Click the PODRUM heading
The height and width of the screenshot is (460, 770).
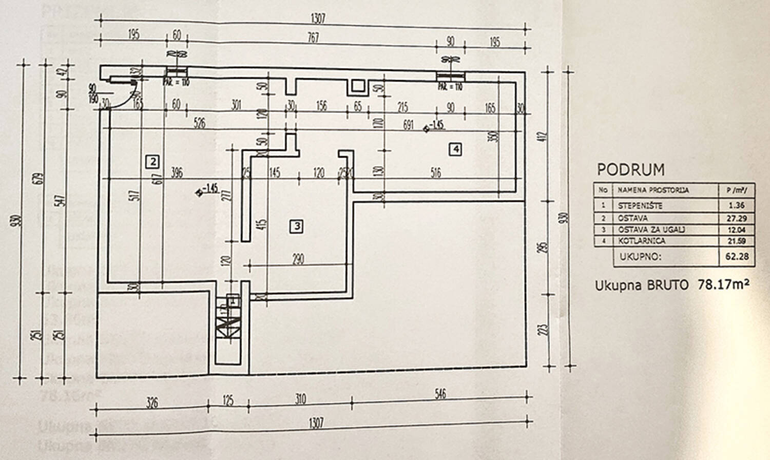(630, 169)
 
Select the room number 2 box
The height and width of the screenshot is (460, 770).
(152, 162)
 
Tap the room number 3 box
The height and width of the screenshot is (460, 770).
(296, 226)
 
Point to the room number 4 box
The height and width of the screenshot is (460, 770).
(455, 149)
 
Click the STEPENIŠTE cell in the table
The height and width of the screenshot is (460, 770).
(640, 205)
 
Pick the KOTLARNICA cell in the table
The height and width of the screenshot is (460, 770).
(642, 241)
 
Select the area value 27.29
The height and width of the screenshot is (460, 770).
(737, 218)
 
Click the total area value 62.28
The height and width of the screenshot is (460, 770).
(737, 256)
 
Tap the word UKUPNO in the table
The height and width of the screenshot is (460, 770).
(640, 256)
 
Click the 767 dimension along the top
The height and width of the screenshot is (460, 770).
(313, 37)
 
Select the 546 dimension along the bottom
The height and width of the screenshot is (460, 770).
(440, 394)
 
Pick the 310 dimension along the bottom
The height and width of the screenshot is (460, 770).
(300, 398)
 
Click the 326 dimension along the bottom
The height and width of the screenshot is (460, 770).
(152, 402)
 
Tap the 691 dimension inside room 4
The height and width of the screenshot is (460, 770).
(408, 125)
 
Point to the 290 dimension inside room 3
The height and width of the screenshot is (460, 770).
(298, 259)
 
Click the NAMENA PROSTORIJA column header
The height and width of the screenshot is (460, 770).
(653, 190)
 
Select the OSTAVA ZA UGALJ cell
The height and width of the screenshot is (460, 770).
(651, 229)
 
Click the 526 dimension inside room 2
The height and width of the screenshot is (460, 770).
(199, 123)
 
